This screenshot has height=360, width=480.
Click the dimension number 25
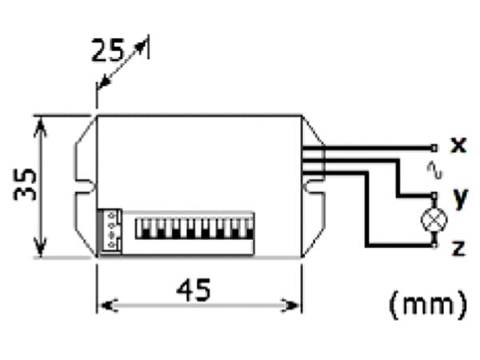107,52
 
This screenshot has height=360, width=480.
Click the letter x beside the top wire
458,145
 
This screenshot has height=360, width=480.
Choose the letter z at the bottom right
458,248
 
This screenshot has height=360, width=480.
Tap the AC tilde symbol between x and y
435,170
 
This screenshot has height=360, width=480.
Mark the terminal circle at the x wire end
434,147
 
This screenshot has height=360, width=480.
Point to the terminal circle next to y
434,196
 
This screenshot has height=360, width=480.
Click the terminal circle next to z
434,244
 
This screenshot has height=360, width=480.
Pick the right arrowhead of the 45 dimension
297,305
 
